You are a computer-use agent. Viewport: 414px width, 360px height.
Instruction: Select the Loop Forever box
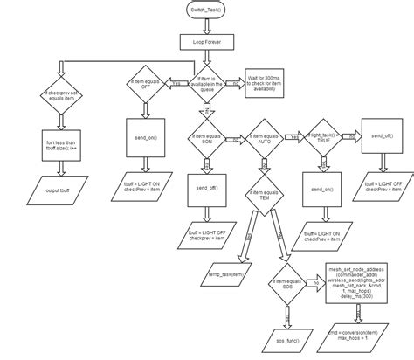(206, 41)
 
